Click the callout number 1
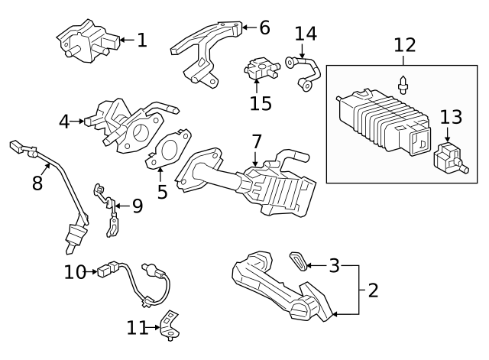pyautogui.click(x=142, y=40)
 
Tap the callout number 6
pyautogui.click(x=264, y=28)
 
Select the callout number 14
pyautogui.click(x=306, y=34)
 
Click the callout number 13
pyautogui.click(x=451, y=117)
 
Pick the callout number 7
pyautogui.click(x=256, y=141)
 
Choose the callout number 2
pyautogui.click(x=372, y=290)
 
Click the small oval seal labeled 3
pyautogui.click(x=300, y=261)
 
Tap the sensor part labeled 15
pyautogui.click(x=260, y=70)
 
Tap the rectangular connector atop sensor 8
pyautogui.click(x=16, y=146)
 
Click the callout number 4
pyautogui.click(x=65, y=121)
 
